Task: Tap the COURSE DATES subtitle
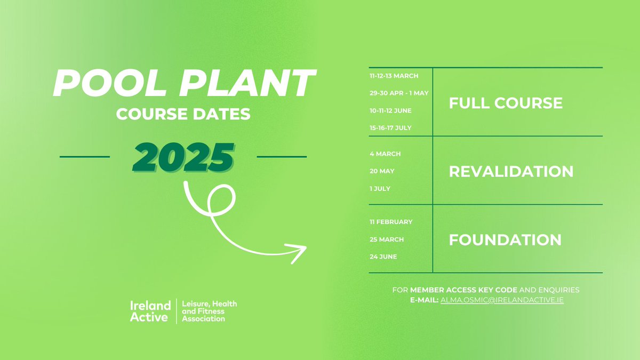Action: pyautogui.click(x=184, y=115)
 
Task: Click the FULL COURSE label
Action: pyautogui.click(x=506, y=102)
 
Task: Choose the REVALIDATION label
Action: pyautogui.click(x=511, y=171)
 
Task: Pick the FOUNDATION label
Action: pyautogui.click(x=505, y=239)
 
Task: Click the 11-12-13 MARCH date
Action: pyautogui.click(x=394, y=76)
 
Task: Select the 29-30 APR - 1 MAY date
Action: pyautogui.click(x=399, y=93)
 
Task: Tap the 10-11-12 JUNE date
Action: pyautogui.click(x=390, y=110)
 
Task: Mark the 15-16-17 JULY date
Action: pyautogui.click(x=390, y=127)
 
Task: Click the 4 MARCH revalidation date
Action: pyautogui.click(x=385, y=154)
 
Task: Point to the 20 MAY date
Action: pyautogui.click(x=382, y=171)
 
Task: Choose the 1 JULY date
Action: pyautogui.click(x=380, y=188)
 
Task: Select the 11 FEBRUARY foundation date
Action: pyautogui.click(x=391, y=222)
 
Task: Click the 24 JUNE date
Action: pyautogui.click(x=383, y=257)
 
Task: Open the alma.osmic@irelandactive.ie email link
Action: pyautogui.click(x=502, y=300)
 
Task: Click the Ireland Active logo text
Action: pyautogui.click(x=150, y=311)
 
